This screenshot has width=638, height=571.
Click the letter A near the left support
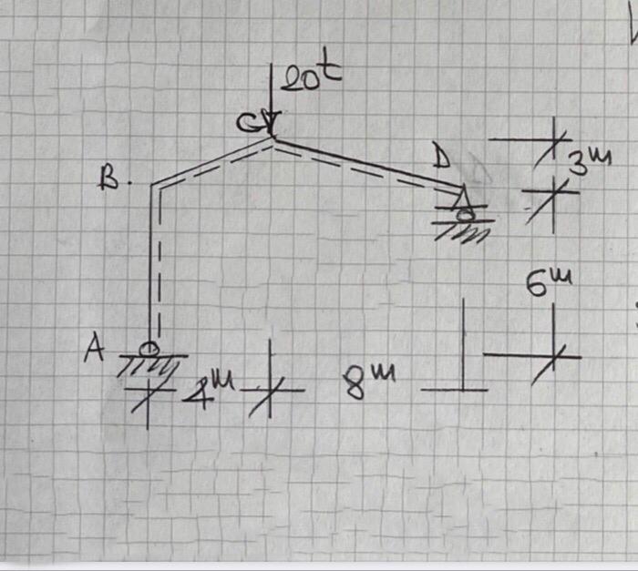pyautogui.click(x=93, y=349)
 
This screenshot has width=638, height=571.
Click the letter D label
pyautogui.click(x=441, y=161)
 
